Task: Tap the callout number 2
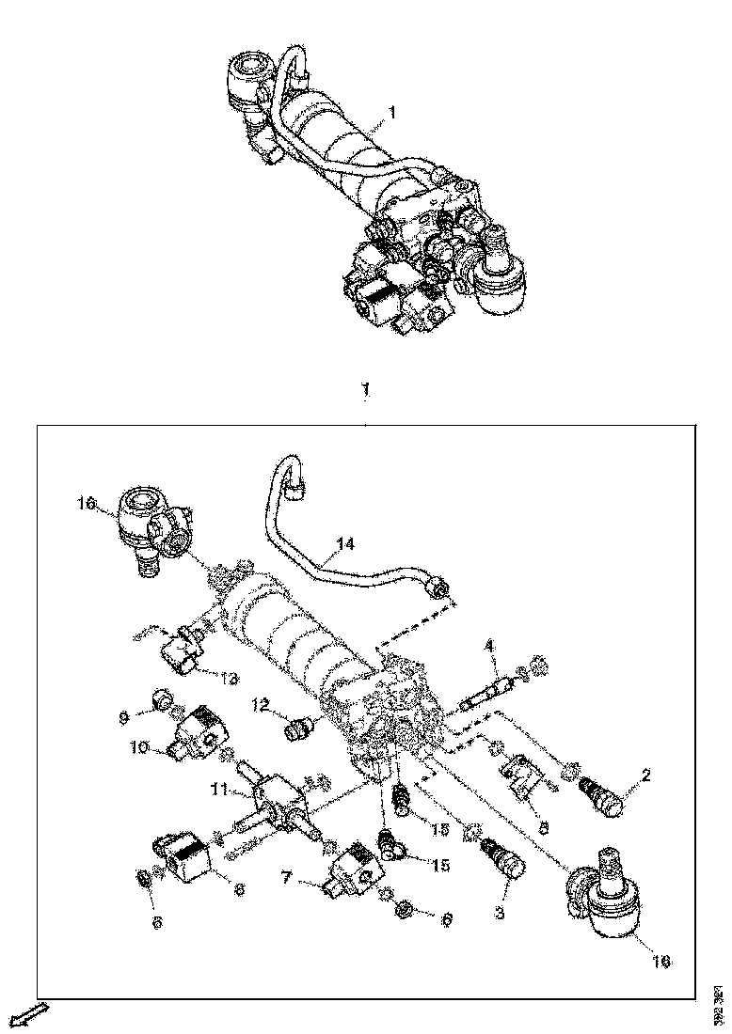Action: click(x=645, y=776)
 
